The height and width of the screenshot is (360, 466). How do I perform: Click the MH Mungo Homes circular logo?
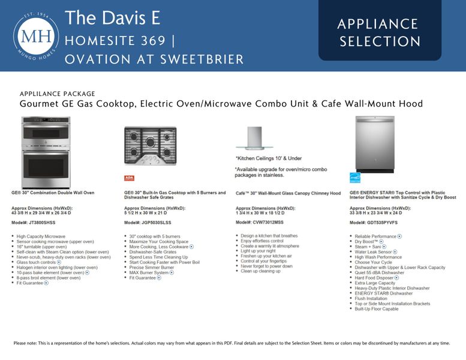36,36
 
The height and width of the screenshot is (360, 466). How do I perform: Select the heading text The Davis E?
112,18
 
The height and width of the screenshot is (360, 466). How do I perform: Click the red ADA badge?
129,178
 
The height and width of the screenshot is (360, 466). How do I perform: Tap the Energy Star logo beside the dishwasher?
355,178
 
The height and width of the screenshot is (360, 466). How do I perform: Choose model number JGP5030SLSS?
150,222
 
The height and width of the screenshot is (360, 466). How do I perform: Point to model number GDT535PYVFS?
377,222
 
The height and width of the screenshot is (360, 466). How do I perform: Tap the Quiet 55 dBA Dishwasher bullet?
379,273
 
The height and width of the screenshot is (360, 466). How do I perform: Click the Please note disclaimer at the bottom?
232,343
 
